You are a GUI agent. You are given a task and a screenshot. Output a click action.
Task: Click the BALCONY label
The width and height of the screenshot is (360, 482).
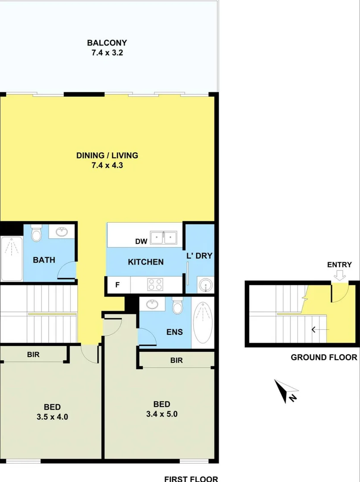107,43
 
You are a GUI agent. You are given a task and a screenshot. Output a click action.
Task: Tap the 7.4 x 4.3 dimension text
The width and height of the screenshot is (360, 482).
107,166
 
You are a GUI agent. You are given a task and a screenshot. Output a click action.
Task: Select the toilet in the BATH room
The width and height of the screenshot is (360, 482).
36,233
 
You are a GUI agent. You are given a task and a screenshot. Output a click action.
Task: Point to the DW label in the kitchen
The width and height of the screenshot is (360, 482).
141,241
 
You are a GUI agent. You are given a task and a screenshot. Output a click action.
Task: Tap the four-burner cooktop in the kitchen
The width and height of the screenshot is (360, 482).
155,284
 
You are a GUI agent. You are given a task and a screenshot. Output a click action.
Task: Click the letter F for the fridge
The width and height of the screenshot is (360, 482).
117,285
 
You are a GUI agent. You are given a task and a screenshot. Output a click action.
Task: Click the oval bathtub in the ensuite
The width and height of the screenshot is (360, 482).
203,323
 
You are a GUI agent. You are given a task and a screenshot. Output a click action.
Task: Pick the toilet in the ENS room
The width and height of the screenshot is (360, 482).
178,305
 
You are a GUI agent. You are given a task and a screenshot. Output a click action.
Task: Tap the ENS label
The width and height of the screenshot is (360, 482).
174,332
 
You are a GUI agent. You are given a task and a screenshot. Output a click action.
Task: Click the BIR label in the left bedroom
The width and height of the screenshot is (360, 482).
33,354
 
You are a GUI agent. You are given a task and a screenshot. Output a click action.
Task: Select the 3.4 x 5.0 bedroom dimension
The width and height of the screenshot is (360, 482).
162,414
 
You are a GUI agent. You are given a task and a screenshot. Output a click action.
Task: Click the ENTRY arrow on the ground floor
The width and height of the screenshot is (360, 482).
339,275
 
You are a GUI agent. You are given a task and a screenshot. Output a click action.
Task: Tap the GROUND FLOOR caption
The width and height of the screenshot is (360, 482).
324,357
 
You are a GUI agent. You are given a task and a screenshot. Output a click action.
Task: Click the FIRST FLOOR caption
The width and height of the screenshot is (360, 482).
191,478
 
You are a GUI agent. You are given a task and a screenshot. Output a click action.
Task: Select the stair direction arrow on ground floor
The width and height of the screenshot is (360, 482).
320,329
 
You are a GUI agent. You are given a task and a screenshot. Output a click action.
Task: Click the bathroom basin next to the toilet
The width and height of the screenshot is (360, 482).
62,232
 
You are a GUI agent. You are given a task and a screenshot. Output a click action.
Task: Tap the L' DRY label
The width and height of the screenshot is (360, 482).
199,256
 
